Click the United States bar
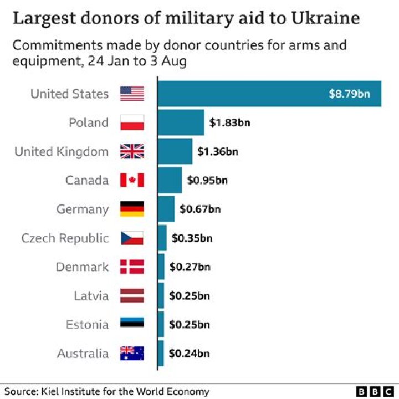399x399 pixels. point(270,94)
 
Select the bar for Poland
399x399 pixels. point(181,122)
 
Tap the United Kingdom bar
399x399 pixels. point(175,151)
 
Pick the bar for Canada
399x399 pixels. point(170,180)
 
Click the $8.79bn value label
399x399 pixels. point(349,94)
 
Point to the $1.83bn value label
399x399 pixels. point(229,122)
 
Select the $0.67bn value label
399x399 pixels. point(200,209)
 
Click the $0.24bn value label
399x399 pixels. point(190,353)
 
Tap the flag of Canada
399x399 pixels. point(132,180)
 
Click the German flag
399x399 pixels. point(132,209)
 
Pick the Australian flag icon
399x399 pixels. point(132,353)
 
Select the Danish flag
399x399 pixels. point(132,267)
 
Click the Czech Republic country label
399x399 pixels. point(65,238)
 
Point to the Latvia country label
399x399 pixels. point(91,296)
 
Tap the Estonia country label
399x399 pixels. point(88,324)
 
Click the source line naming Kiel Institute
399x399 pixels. point(107,391)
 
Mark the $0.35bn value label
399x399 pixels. point(192,238)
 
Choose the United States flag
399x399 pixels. point(132,94)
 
